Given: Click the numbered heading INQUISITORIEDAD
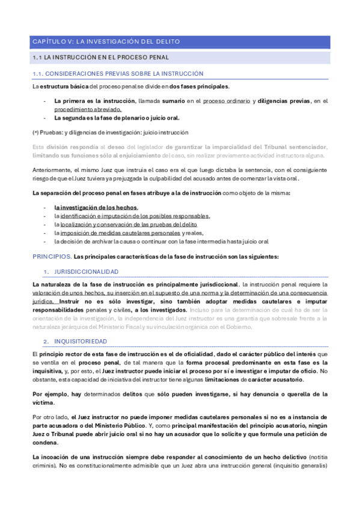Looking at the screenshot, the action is click(81, 341).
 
